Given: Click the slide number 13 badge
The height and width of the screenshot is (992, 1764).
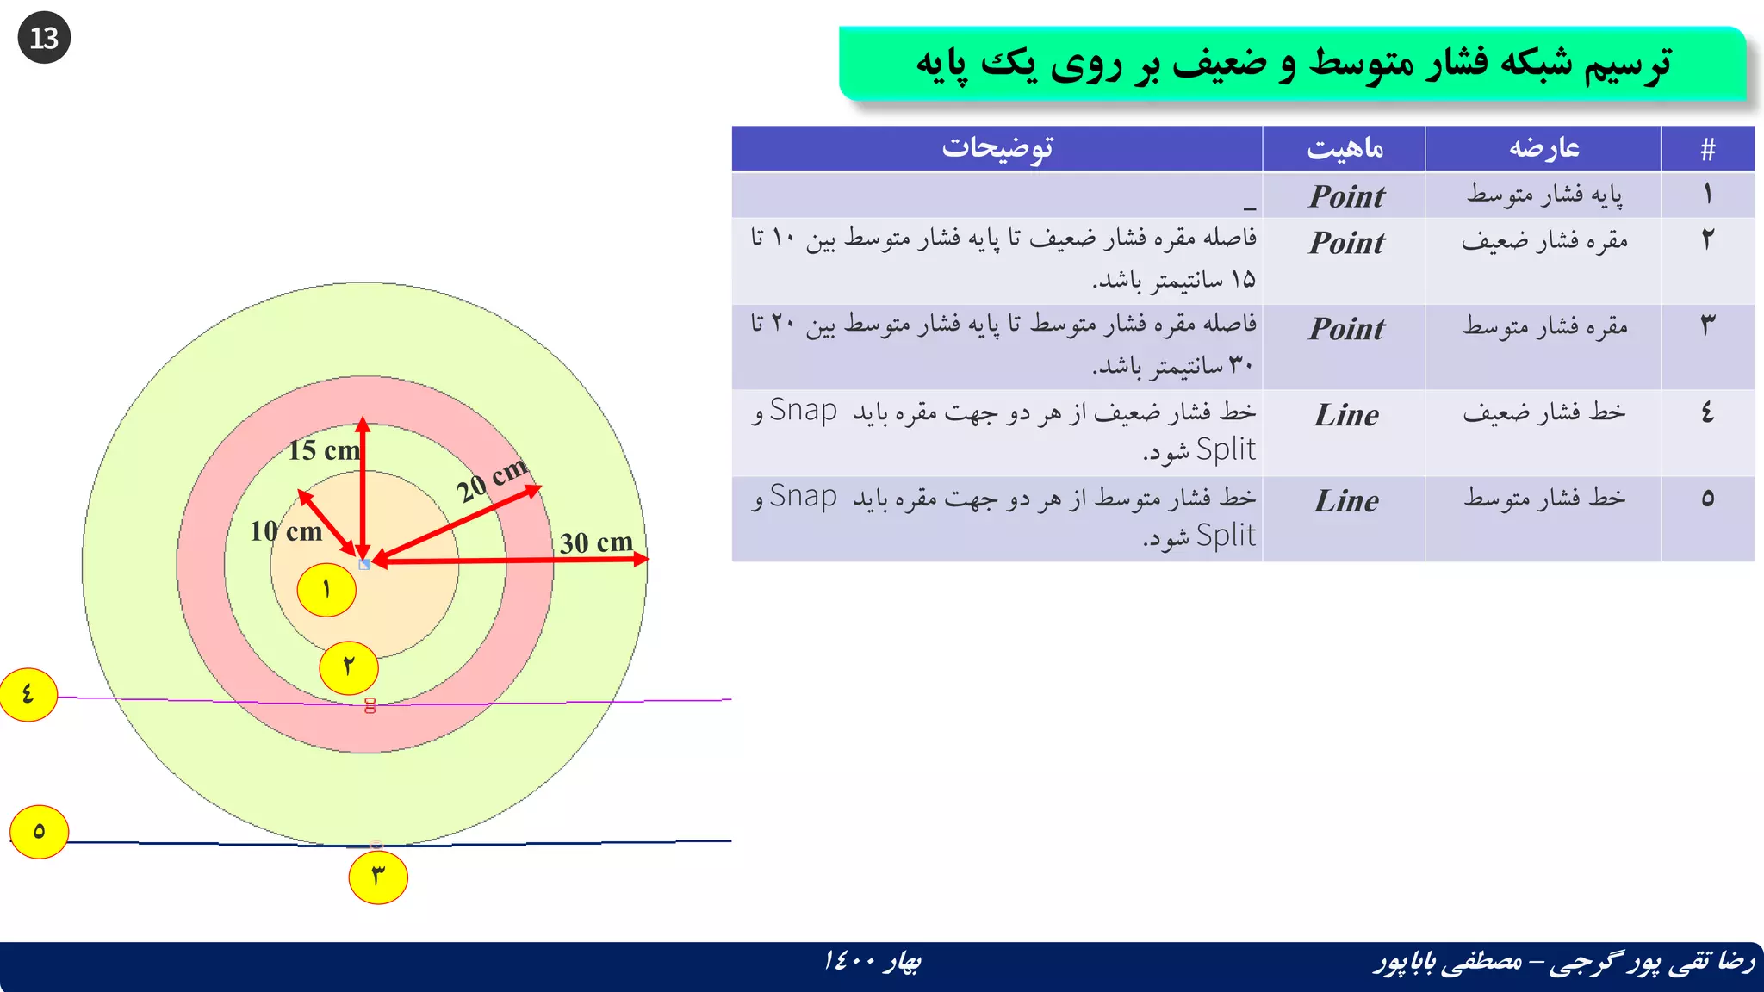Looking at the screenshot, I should click(44, 38).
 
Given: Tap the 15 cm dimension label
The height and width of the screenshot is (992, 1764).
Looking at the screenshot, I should click(323, 450).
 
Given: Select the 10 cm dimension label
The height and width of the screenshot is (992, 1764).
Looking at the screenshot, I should click(286, 531).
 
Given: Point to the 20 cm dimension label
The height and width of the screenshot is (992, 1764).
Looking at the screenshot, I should click(492, 479).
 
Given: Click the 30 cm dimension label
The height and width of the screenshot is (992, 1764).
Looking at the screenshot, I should click(596, 543).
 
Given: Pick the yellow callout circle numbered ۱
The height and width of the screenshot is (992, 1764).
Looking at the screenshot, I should click(326, 590).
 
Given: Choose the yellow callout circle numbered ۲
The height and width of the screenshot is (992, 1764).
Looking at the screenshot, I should click(349, 666).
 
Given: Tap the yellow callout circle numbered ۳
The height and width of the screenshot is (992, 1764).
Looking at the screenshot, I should click(378, 877).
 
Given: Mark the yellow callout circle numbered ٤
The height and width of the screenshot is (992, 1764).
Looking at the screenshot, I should click(28, 694).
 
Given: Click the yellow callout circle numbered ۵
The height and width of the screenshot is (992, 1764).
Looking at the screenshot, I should click(39, 832).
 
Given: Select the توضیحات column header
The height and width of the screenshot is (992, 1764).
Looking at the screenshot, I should click(997, 148).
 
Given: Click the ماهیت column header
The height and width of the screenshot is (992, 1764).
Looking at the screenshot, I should click(1345, 148).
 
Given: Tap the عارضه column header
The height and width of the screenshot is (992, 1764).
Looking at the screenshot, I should click(1543, 148).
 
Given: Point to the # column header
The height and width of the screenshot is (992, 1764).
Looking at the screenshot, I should click(1708, 149).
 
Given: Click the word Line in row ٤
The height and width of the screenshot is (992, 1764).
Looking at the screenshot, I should click(1346, 416).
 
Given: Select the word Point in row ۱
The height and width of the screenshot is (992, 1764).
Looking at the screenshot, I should click(1346, 197).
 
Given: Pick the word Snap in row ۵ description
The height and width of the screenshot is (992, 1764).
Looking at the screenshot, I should click(803, 497).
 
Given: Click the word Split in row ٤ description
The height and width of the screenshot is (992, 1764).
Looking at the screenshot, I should click(1225, 449).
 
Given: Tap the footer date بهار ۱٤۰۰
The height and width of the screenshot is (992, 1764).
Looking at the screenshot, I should click(872, 961).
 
